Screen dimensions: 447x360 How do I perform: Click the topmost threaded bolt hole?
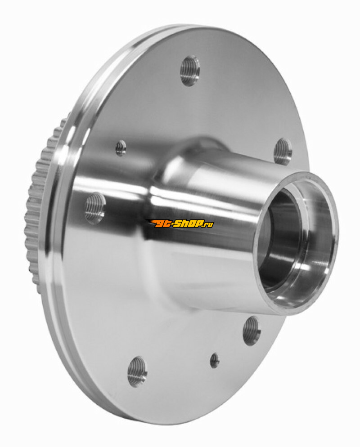190,70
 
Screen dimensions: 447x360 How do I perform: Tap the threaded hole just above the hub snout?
283,151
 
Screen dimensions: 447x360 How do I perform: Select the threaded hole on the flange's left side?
95,208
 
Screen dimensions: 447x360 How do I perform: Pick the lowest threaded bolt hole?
137,371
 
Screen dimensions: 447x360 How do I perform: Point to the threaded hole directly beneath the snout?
252,331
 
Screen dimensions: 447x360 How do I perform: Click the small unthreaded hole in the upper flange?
121,148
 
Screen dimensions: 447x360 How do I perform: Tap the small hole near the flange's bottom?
215,360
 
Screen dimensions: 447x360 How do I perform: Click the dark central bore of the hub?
279,238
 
